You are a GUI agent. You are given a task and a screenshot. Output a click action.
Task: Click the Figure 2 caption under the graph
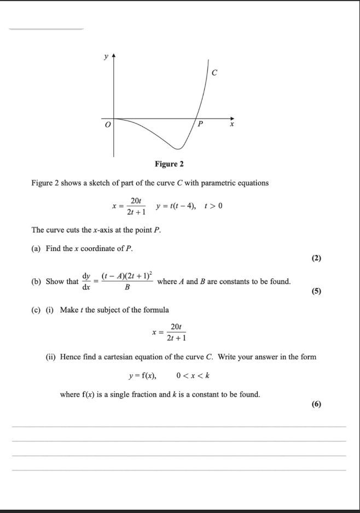pyautogui.click(x=169, y=164)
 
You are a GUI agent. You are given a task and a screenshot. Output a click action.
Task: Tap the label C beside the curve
pyautogui.click(x=214, y=72)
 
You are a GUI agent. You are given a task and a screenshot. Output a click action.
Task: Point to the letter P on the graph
pyautogui.click(x=200, y=125)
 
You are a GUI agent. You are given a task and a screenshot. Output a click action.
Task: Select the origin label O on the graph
pyautogui.click(x=108, y=126)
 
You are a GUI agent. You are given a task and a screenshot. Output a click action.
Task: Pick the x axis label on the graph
pyautogui.click(x=231, y=125)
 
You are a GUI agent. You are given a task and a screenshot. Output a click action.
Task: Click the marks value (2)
pyautogui.click(x=316, y=259)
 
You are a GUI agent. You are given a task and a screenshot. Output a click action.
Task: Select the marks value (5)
pyautogui.click(x=316, y=292)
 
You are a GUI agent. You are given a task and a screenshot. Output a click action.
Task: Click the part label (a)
pyautogui.click(x=37, y=248)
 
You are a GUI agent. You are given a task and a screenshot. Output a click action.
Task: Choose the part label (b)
pyautogui.click(x=37, y=282)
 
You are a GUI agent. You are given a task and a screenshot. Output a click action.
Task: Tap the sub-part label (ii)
pyautogui.click(x=51, y=357)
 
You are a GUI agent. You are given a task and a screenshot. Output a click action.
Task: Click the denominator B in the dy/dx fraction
pyautogui.click(x=127, y=287)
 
